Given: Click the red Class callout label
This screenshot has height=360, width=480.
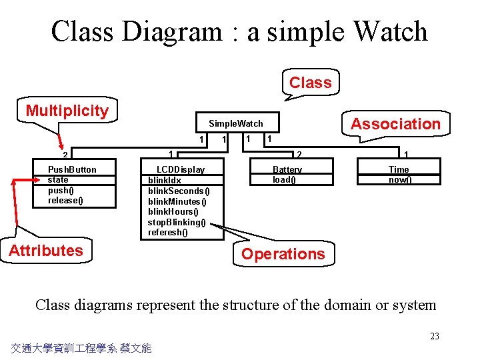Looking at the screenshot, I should point(310,83).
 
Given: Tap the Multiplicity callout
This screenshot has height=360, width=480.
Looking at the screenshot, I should point(67,111).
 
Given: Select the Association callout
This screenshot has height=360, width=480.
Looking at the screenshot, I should point(395,124).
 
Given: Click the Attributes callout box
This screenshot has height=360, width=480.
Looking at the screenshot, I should point(46,251).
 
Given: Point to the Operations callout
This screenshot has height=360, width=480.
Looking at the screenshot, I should point(283,254).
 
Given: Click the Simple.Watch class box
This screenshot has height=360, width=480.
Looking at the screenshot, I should point(236,123).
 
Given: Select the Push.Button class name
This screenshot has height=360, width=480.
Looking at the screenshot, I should point(72,169).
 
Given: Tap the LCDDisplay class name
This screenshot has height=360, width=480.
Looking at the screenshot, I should point(180,169).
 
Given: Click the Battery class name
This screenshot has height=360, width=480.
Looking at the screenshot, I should point(287,169).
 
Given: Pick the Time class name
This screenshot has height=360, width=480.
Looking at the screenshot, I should point(399,169).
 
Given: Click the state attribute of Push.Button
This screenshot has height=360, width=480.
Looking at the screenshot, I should point(58,179).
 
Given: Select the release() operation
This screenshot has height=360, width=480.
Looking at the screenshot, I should point(65,200).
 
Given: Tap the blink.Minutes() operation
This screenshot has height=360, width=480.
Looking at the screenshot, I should point(177,201).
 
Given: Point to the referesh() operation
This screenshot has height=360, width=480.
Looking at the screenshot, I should point(168,233).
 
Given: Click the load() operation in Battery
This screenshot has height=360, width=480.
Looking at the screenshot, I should point(285,179).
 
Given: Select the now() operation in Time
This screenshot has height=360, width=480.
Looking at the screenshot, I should point(400,179).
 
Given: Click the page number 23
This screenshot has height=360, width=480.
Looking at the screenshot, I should point(435,336).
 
